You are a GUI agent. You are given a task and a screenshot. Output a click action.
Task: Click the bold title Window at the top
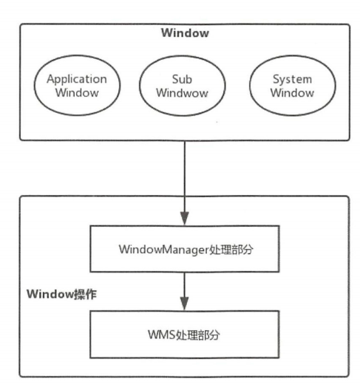click(185, 32)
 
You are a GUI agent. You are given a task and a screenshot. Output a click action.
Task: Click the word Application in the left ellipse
click(77, 79)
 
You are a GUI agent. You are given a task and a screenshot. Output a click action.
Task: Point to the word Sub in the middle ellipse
click(182, 79)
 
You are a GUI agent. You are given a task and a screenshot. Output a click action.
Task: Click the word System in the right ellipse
click(292, 79)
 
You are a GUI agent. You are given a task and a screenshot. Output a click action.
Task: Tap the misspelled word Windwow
click(182, 93)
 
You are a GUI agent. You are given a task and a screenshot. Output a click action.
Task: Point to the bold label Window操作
click(61, 294)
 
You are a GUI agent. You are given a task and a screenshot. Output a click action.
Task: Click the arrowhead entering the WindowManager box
click(185, 219)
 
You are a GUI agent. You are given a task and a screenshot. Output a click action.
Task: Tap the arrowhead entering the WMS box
click(185, 304)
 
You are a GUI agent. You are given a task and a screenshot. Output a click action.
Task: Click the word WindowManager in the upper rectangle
click(164, 250)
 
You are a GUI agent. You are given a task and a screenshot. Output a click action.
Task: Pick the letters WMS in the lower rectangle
click(161, 335)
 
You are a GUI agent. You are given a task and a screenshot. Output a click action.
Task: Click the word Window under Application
click(77, 92)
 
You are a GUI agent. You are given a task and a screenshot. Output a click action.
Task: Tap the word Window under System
click(292, 93)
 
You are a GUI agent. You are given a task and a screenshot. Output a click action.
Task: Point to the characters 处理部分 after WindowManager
click(231, 250)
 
